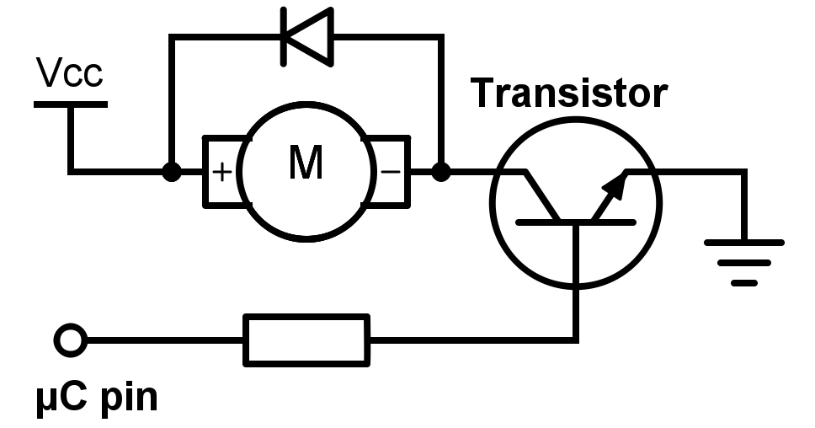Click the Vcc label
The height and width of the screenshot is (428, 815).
click(x=71, y=73)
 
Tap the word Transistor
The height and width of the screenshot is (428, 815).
click(x=569, y=93)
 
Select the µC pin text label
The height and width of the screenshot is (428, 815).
click(x=97, y=396)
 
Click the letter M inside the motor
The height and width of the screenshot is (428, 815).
click(x=306, y=163)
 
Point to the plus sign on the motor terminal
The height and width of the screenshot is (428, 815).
click(x=221, y=172)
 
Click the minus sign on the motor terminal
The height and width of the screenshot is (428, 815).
click(x=391, y=172)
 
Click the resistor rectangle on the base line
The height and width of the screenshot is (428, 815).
click(x=306, y=340)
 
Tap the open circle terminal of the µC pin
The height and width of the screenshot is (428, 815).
click(x=70, y=340)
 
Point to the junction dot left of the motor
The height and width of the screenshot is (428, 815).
click(x=171, y=172)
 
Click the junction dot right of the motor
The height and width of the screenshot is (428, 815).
click(x=439, y=172)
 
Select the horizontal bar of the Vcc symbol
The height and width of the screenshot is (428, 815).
click(x=71, y=104)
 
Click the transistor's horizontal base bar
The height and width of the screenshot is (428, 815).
click(x=576, y=222)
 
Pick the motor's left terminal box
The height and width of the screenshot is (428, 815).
click(x=221, y=172)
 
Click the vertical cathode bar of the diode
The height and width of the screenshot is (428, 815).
click(x=285, y=37)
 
